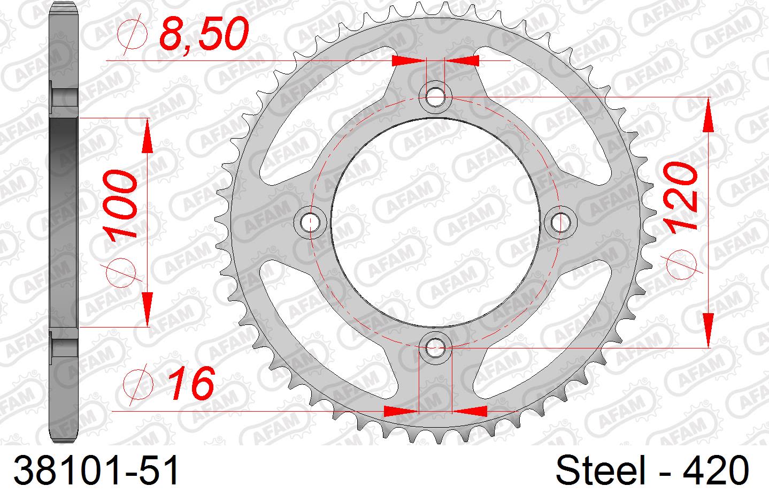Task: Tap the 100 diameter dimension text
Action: [120, 205]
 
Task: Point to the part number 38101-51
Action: [96, 470]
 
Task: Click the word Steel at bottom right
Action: [601, 470]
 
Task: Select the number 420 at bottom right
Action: [716, 470]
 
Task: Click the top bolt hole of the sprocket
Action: [435, 96]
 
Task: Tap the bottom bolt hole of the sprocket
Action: [435, 347]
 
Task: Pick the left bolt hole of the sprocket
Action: [310, 222]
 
